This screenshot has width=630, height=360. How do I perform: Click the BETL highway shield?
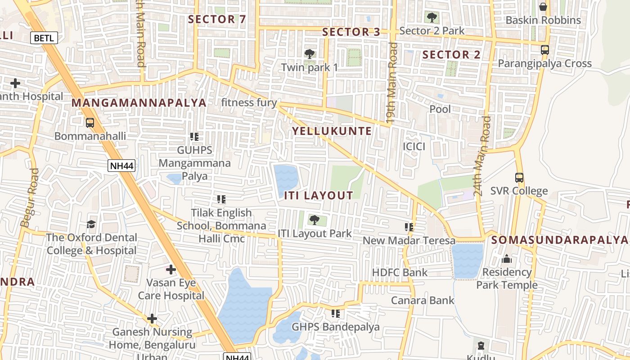pos(44,38)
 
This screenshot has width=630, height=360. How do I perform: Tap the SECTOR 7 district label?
pos(217,19)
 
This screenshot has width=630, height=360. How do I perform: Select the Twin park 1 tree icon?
pos(309,54)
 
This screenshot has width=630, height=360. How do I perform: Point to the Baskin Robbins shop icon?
pos(543,7)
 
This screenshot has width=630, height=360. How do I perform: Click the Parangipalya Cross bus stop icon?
pos(544,49)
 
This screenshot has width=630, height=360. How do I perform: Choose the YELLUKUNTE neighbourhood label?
pos(332,131)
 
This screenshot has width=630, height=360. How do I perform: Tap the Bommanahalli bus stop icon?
pos(90,122)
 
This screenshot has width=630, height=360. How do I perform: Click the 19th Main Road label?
pos(392,83)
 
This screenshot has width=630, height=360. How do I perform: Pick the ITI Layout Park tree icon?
pos(314,220)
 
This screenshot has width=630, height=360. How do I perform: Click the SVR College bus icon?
pos(519,178)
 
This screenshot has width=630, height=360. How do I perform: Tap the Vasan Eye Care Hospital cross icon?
pos(171,270)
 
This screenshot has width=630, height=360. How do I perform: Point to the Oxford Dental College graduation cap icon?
pos(91,224)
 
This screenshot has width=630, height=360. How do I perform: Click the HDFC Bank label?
pos(400,272)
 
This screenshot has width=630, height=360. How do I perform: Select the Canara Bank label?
pos(423,300)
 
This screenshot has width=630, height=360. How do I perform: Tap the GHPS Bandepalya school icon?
pos(335,313)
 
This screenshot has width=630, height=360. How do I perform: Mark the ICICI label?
pos(414,146)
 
